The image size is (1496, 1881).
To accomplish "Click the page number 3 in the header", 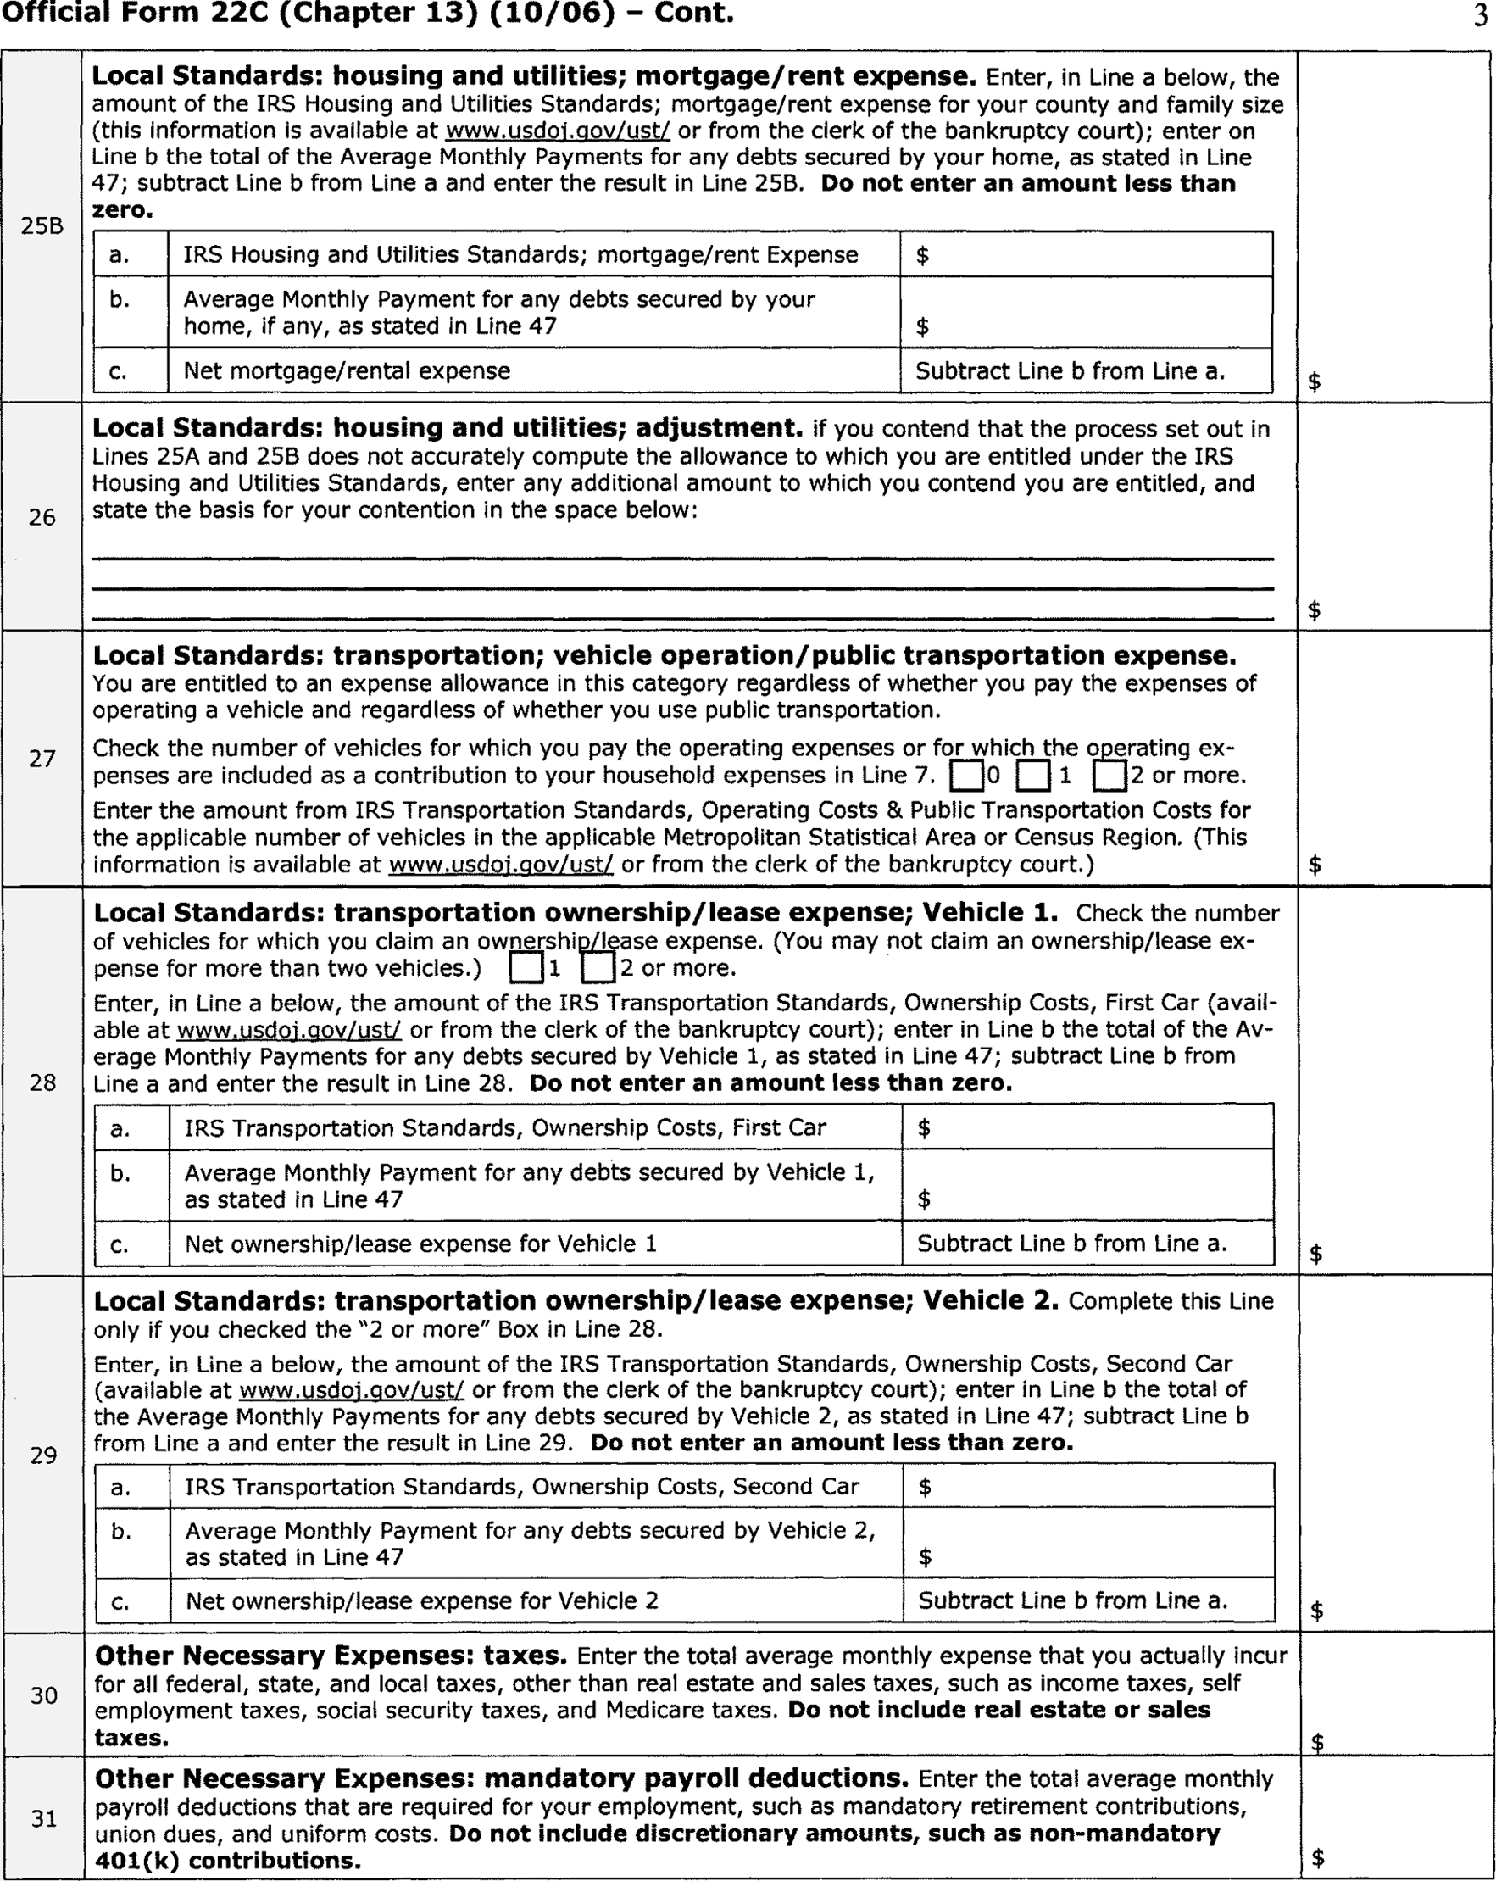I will tap(1480, 17).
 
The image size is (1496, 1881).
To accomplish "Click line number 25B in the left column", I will tap(42, 227).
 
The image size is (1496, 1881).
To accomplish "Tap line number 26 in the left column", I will tap(42, 517).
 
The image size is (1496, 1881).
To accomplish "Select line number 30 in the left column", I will tap(43, 1695).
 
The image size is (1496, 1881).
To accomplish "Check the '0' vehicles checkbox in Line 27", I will tap(966, 775).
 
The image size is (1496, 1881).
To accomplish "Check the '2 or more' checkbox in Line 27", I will tap(1109, 775).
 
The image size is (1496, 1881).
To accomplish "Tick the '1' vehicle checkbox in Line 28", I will tap(526, 968).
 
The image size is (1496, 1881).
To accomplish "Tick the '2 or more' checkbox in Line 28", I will tap(598, 968).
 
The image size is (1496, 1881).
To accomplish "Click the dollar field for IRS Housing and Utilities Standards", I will tap(1086, 255).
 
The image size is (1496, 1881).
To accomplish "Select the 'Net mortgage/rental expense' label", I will tap(347, 370).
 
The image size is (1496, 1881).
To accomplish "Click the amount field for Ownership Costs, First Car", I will tap(1087, 1128).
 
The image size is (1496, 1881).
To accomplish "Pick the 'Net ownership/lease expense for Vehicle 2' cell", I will tap(422, 1601).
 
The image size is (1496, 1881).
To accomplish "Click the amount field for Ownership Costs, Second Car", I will tap(1087, 1487).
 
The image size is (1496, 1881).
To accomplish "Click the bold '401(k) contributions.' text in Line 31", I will tap(228, 1861).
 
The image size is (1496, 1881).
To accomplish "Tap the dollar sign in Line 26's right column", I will tap(1315, 609).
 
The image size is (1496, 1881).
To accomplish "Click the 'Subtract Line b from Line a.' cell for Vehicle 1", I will tap(1072, 1244).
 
